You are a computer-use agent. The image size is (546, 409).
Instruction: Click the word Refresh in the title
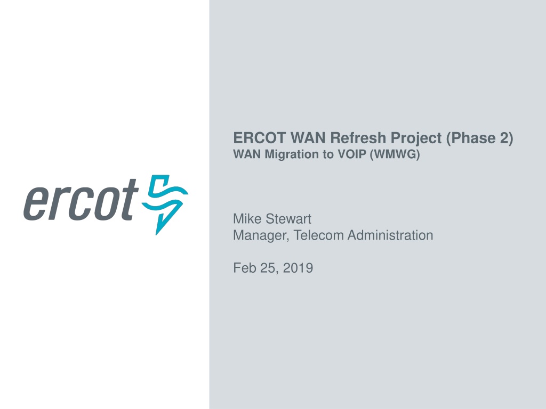tap(358, 138)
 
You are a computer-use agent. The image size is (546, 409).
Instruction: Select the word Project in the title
tap(416, 139)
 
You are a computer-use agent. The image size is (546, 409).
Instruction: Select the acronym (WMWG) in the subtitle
tap(395, 154)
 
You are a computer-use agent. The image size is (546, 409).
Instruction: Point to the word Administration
tap(390, 235)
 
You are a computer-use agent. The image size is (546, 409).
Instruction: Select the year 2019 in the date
tap(298, 268)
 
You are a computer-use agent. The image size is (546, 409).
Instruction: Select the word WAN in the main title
tap(308, 138)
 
